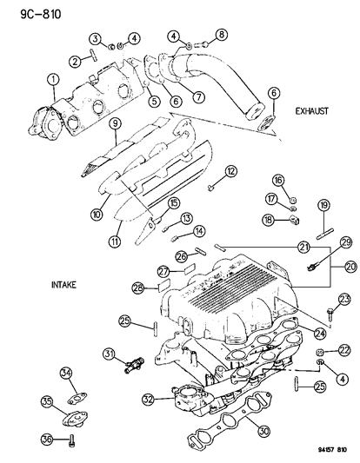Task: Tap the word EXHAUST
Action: pyautogui.click(x=311, y=111)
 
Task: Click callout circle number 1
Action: pyautogui.click(x=52, y=83)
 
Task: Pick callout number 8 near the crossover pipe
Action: pyautogui.click(x=221, y=35)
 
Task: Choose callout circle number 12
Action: pyautogui.click(x=231, y=172)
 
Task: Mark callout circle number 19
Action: pyautogui.click(x=323, y=206)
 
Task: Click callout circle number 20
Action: pyautogui.click(x=349, y=267)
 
